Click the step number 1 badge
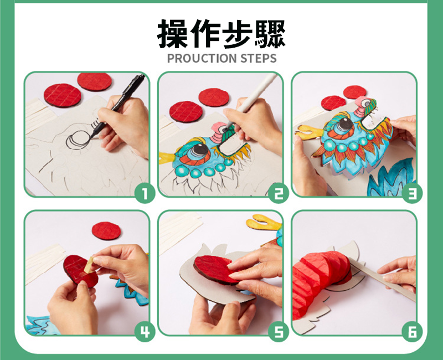pyautogui.click(x=145, y=193)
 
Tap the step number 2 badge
pyautogui.click(x=279, y=193)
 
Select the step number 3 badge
pyautogui.click(x=412, y=193)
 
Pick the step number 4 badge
pyautogui.click(x=145, y=332)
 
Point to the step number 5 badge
pyautogui.click(x=279, y=332)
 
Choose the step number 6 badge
pyautogui.click(x=412, y=332)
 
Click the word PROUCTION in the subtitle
pyautogui.click(x=202, y=58)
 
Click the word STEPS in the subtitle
pyautogui.click(x=258, y=58)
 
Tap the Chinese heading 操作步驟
pyautogui.click(x=221, y=34)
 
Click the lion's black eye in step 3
pyautogui.click(x=345, y=124)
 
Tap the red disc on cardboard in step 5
pyautogui.click(x=216, y=270)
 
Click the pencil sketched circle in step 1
pyautogui.click(x=78, y=140)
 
